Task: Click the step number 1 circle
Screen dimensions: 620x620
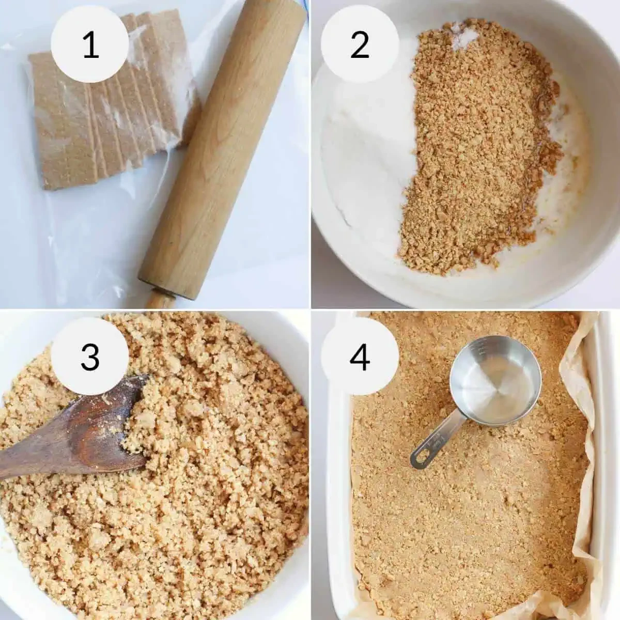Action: [91, 46]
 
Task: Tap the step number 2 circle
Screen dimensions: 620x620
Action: [360, 46]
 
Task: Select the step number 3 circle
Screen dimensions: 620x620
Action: [91, 356]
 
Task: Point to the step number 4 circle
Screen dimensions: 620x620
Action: [360, 356]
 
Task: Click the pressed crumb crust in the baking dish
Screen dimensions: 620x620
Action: [465, 517]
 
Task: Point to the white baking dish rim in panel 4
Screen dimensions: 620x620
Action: [605, 465]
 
